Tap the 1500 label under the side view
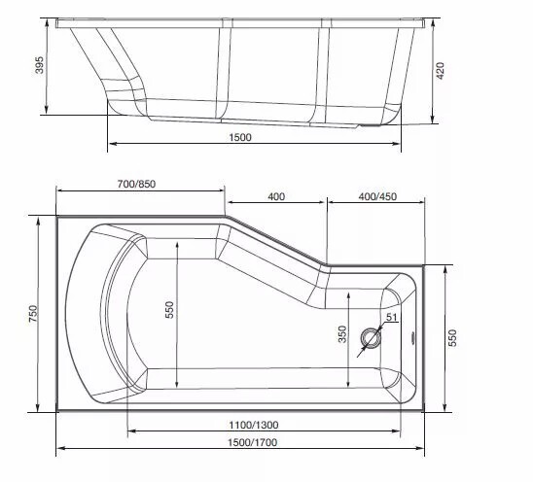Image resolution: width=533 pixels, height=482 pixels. tap(240, 137)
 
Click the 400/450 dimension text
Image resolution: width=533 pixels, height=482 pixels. tap(376, 197)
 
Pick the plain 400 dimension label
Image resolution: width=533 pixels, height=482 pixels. tap(275, 197)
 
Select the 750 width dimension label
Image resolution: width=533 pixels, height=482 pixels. tap(32, 314)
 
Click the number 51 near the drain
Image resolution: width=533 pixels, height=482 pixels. tap(392, 318)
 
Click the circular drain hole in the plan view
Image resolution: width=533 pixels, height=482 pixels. tap(372, 339)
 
